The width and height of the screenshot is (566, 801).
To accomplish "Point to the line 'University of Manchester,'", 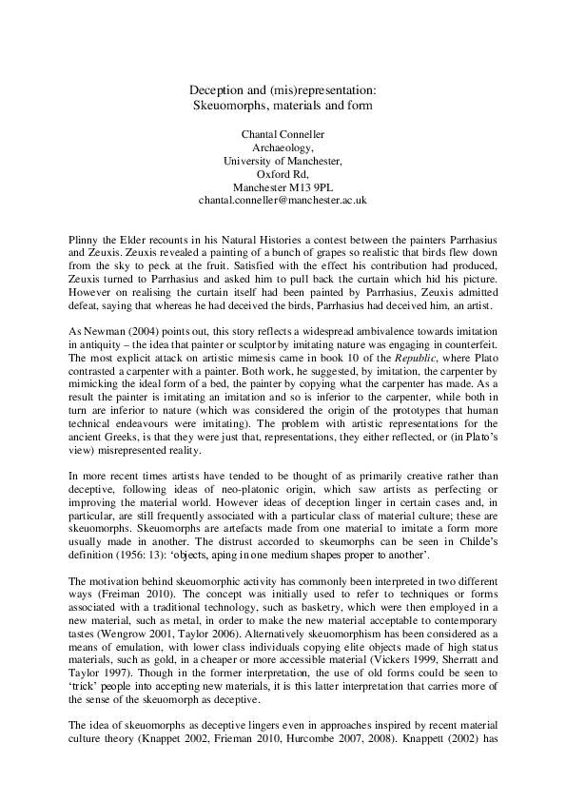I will pos(282,161).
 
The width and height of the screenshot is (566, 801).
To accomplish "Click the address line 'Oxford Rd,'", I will pos(282,174).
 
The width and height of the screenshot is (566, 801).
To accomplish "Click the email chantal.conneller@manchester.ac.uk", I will pos(282,201).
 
